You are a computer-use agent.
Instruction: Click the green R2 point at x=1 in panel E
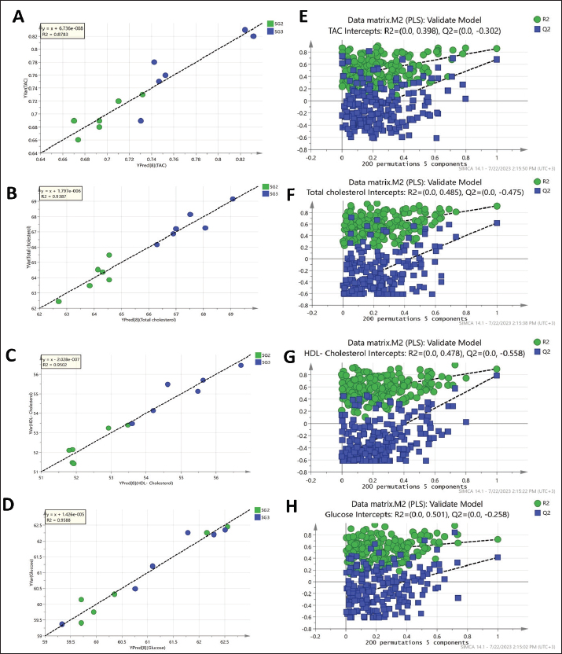pyautogui.click(x=497, y=49)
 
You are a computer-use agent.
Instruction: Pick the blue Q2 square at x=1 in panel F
pyautogui.click(x=497, y=223)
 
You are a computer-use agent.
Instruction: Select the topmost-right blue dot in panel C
pyautogui.click(x=241, y=366)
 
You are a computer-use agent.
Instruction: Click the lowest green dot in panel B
pyautogui.click(x=58, y=301)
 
